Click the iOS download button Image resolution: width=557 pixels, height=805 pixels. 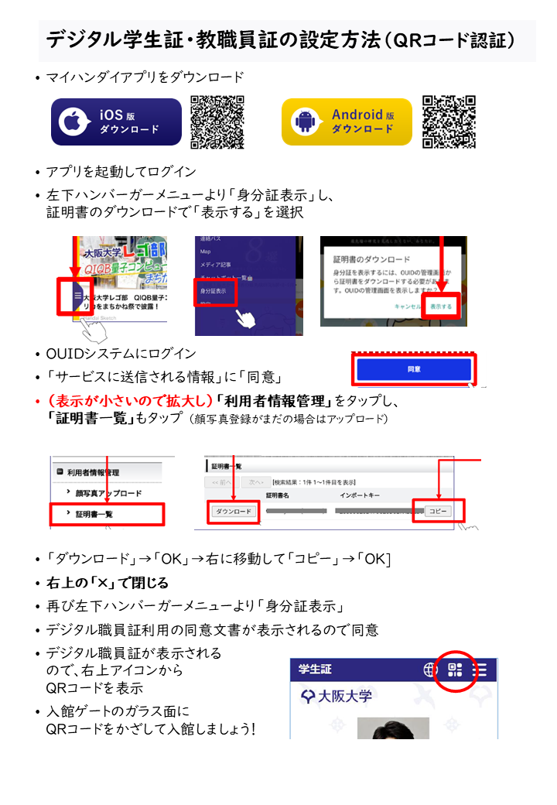[116, 122]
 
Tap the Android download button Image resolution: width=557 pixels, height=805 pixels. [346, 122]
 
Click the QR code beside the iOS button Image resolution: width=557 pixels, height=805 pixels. [217, 122]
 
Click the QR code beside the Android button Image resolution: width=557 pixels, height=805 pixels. [449, 122]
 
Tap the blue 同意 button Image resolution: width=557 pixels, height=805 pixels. [414, 369]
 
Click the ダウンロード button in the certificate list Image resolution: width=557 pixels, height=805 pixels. [234, 512]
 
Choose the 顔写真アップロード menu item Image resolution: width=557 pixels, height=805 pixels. [108, 493]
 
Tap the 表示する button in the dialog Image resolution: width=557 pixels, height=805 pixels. [442, 307]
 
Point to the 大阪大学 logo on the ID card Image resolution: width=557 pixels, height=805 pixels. [337, 696]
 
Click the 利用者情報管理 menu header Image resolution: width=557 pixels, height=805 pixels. [93, 472]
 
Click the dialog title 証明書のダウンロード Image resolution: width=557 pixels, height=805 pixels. [371, 258]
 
